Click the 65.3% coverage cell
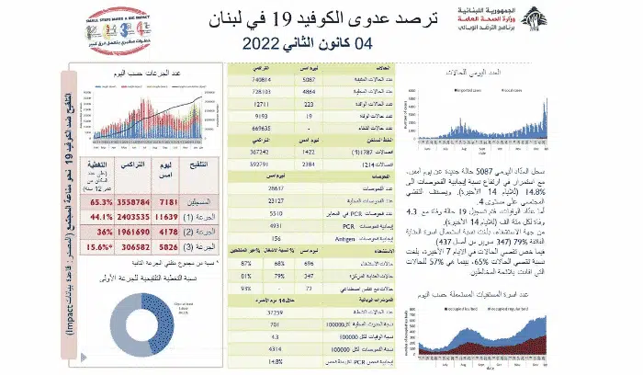[101, 200]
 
